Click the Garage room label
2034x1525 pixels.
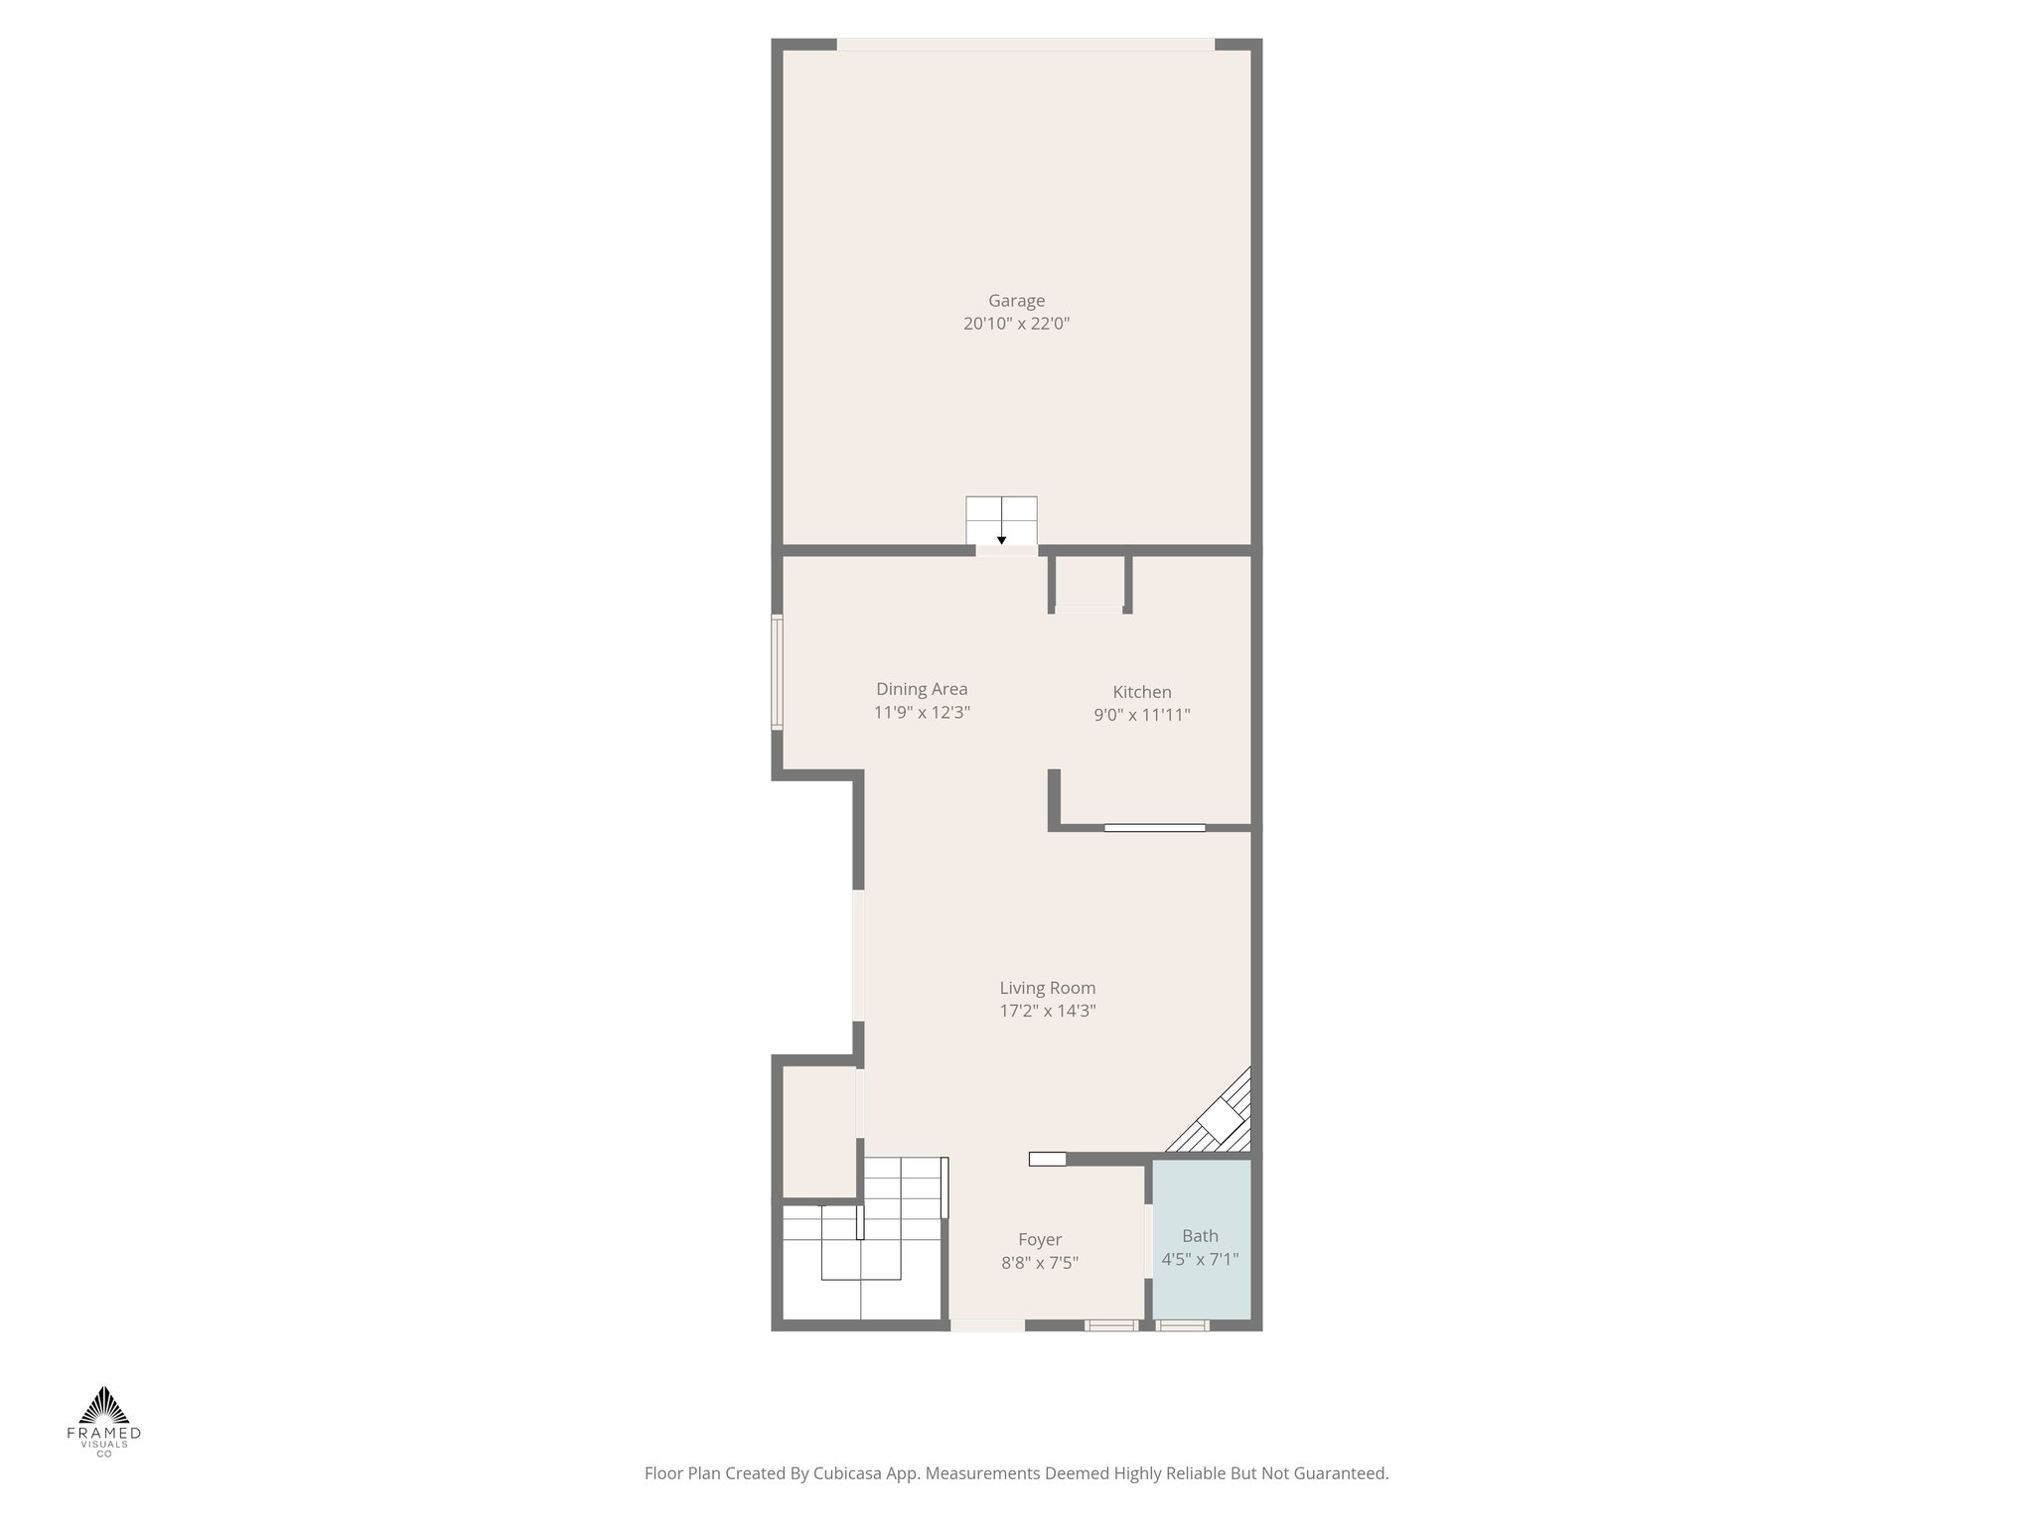click(x=1016, y=301)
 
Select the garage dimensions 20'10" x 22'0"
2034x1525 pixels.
click(x=1016, y=324)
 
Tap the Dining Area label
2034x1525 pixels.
click(x=922, y=689)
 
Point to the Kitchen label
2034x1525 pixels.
click(x=1141, y=692)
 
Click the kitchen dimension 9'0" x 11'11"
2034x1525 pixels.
click(x=1141, y=715)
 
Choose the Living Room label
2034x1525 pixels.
click(x=1047, y=988)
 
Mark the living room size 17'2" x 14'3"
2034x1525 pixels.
click(x=1047, y=1012)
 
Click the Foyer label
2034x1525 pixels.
click(x=1040, y=1240)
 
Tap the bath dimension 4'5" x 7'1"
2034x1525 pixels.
click(x=1200, y=1260)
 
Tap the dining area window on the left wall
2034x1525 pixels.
click(x=778, y=673)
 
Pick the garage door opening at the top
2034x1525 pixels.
click(x=1025, y=45)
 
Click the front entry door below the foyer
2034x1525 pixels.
click(x=987, y=1325)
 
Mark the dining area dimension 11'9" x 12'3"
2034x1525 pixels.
click(x=922, y=712)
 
